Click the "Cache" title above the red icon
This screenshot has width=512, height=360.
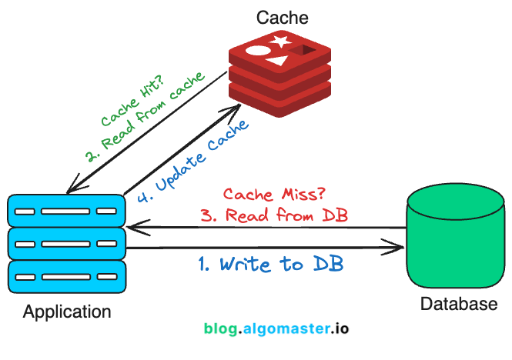pos(282,18)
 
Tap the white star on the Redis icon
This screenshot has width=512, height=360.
pos(280,41)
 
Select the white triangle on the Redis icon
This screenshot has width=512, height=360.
pos(278,61)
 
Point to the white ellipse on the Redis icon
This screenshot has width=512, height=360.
pos(258,51)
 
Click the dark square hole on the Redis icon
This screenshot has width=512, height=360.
pos(303,50)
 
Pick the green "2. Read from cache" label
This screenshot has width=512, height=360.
pos(146,117)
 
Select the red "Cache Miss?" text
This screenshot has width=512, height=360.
pos(274,194)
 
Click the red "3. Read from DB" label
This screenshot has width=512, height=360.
pos(274,215)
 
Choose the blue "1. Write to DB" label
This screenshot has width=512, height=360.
pos(271,264)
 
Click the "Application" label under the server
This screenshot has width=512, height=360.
pos(67,312)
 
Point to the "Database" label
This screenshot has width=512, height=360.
pos(459,304)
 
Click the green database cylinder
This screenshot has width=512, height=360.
pos(456,235)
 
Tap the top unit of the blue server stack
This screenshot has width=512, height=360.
pos(66,211)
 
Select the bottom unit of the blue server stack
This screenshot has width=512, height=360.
pos(67,277)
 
